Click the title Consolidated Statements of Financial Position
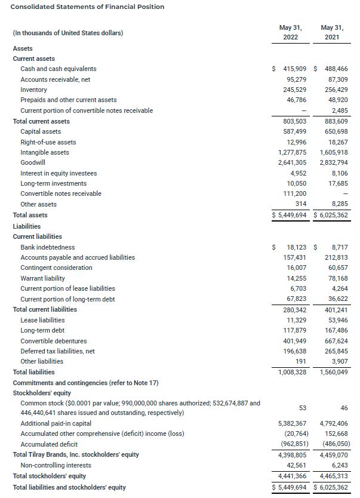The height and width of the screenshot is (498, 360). pos(88,7)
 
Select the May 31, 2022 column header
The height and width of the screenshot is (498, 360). pos(291,32)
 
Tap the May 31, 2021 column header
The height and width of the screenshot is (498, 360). pos(333,32)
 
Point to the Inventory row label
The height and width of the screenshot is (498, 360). pos(33,90)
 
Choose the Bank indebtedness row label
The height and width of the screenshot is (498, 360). pos(48,247)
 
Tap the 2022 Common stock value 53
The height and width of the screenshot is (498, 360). pos(302,408)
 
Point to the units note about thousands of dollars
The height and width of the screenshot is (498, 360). pos(67,32)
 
